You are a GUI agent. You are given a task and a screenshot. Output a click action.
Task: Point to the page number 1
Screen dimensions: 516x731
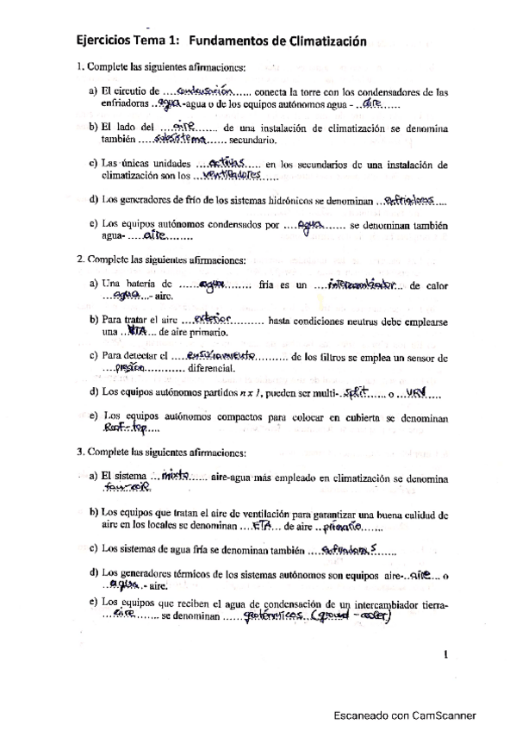(445, 654)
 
